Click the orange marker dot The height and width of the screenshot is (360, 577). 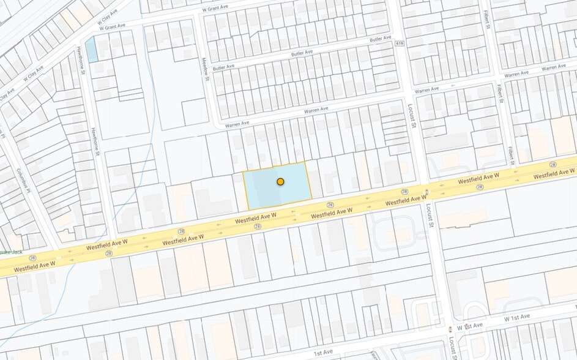(280, 182)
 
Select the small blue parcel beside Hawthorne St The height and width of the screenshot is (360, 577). (92, 50)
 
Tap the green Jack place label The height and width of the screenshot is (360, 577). (11, 251)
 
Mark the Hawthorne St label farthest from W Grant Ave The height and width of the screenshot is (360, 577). (97, 142)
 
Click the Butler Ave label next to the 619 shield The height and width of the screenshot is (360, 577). (380, 39)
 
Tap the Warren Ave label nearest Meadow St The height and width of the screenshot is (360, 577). (237, 124)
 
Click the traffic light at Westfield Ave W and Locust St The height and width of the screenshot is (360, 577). (426, 194)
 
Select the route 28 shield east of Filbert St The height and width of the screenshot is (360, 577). (553, 165)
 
